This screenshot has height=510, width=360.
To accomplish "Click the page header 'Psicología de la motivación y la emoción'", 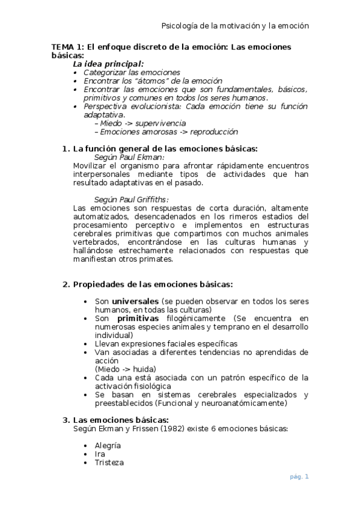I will coord(236,26).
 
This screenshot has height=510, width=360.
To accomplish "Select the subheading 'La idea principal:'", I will coord(108,63).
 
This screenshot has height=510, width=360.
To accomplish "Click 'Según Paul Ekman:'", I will coord(125,157).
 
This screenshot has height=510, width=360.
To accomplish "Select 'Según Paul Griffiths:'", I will coord(132,200).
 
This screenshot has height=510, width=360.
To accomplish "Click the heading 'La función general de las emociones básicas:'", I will coord(165,149).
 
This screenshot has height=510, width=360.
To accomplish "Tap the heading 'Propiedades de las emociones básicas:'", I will coord(153,284).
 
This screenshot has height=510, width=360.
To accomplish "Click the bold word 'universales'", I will coord(135,301).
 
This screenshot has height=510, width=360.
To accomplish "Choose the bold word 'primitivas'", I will coord(138,318).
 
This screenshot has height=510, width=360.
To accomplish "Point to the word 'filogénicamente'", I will coord(189,318).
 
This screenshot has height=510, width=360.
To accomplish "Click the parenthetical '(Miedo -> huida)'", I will coord(126,369).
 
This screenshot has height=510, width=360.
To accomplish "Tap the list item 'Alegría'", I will coord(108,446).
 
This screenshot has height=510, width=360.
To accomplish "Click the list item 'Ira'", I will coord(100,454).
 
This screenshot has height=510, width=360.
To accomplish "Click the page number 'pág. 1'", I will coord(299,477).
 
